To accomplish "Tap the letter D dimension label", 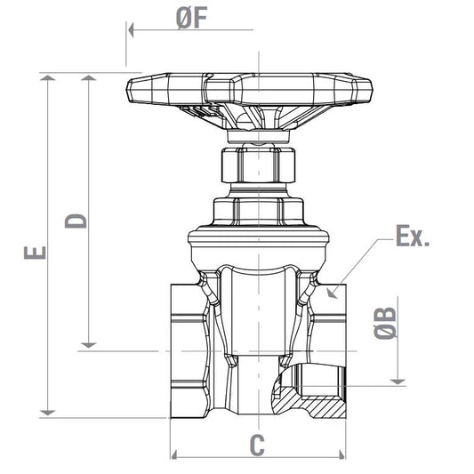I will click(77, 220).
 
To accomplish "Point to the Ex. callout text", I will click(413, 237).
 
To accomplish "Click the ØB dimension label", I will click(386, 324).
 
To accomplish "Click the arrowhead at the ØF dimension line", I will click(132, 29).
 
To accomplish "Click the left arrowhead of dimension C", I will click(175, 456).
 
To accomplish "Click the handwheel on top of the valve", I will click(249, 89).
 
